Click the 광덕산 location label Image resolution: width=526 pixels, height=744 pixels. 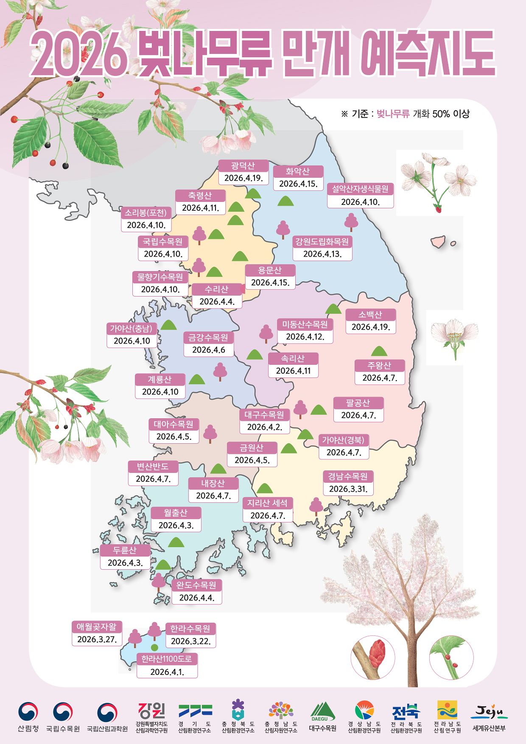(x=243, y=165)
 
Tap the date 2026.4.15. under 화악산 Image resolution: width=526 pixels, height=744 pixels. (x=298, y=184)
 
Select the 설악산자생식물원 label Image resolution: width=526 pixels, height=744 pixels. (x=360, y=189)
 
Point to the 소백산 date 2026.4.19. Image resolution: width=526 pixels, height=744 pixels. (x=371, y=327)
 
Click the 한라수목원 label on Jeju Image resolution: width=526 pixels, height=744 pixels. (x=190, y=629)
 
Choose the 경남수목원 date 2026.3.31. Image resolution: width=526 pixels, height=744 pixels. (x=348, y=489)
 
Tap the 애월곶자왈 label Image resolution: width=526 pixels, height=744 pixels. (x=97, y=627)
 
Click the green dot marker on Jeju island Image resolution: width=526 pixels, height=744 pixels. (x=154, y=647)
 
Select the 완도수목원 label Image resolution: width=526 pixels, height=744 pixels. (x=196, y=585)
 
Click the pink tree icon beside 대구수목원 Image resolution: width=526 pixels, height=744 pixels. (x=300, y=409)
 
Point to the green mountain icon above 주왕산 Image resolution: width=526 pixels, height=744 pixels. (x=379, y=351)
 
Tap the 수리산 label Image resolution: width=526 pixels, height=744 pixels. (x=216, y=289)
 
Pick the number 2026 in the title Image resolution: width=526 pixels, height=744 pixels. (x=79, y=54)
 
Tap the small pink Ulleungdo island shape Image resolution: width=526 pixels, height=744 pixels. (x=439, y=242)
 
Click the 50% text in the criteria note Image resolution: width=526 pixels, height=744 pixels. (x=441, y=114)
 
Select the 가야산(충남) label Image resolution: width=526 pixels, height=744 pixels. (x=131, y=328)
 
